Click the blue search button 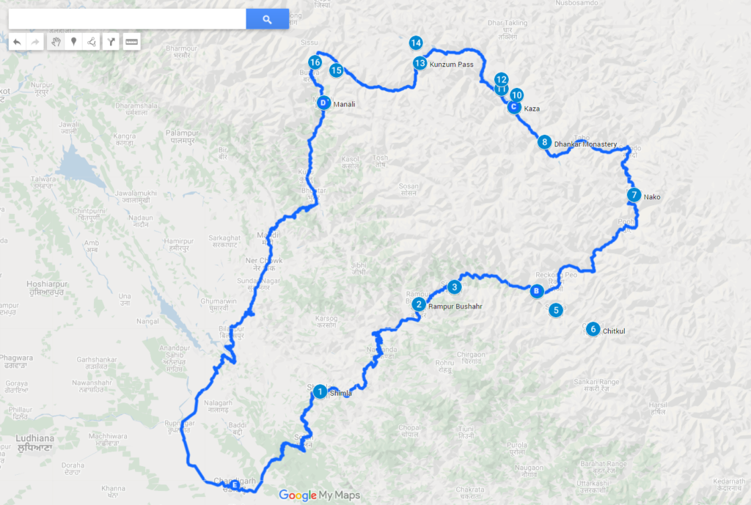[267, 19]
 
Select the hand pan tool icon [56, 42]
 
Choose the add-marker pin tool [73, 42]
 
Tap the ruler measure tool [131, 42]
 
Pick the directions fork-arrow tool [111, 42]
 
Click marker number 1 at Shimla [320, 392]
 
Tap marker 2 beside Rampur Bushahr [418, 304]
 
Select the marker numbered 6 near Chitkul [593, 330]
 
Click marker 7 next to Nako [634, 196]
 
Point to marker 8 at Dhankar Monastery [544, 142]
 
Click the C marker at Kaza [514, 107]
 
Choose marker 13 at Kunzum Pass [420, 64]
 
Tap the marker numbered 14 [416, 43]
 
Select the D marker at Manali [323, 103]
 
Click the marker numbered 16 [315, 62]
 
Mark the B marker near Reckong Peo [537, 291]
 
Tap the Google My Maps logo [320, 495]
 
